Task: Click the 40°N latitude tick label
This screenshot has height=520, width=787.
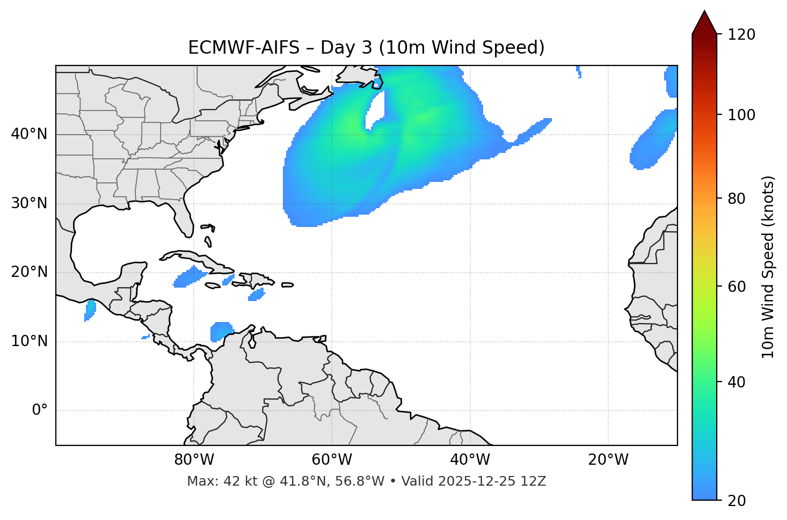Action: tap(29, 134)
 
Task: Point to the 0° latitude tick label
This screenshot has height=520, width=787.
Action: tap(40, 411)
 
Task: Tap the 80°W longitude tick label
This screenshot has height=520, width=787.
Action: tap(194, 460)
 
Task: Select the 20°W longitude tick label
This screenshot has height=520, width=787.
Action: tap(608, 460)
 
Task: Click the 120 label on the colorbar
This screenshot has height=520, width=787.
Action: tap(742, 35)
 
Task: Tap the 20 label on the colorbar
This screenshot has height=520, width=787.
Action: tap(739, 500)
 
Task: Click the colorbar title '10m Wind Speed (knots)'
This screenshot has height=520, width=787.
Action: tap(768, 267)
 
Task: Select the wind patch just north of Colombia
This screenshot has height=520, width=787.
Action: tap(221, 331)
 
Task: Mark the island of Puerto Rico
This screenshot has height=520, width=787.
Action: tap(287, 285)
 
